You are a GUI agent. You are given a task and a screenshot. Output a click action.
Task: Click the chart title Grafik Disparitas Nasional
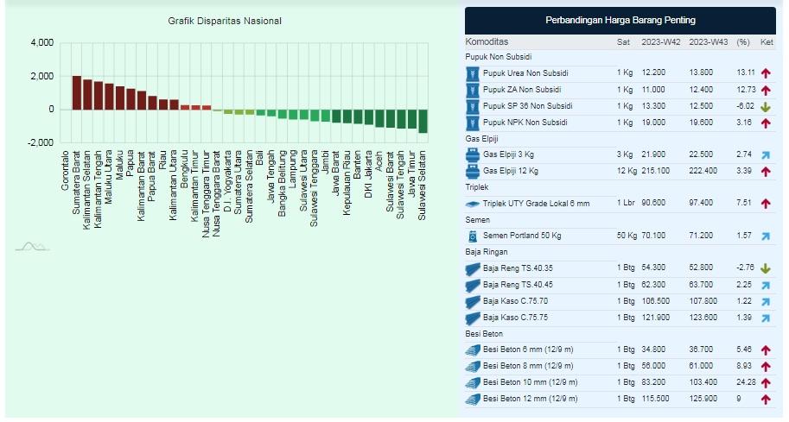(x=225, y=21)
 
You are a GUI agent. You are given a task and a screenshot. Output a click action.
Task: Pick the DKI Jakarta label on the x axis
(x=369, y=177)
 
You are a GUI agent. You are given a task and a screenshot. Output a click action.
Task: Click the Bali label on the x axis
(x=261, y=158)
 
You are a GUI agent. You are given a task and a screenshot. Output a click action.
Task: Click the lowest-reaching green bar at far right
(x=423, y=121)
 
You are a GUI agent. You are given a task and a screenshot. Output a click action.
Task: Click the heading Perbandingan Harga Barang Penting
(x=620, y=20)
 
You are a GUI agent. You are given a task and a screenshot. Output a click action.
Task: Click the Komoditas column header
(x=487, y=41)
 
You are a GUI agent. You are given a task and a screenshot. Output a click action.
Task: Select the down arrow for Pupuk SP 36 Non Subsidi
(x=766, y=106)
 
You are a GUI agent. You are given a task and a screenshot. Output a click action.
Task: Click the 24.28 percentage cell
(x=745, y=381)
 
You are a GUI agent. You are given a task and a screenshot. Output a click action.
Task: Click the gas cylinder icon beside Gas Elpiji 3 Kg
(x=473, y=154)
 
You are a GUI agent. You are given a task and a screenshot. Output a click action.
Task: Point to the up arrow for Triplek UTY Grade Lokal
(x=766, y=204)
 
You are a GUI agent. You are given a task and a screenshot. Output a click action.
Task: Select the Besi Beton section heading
(x=486, y=333)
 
